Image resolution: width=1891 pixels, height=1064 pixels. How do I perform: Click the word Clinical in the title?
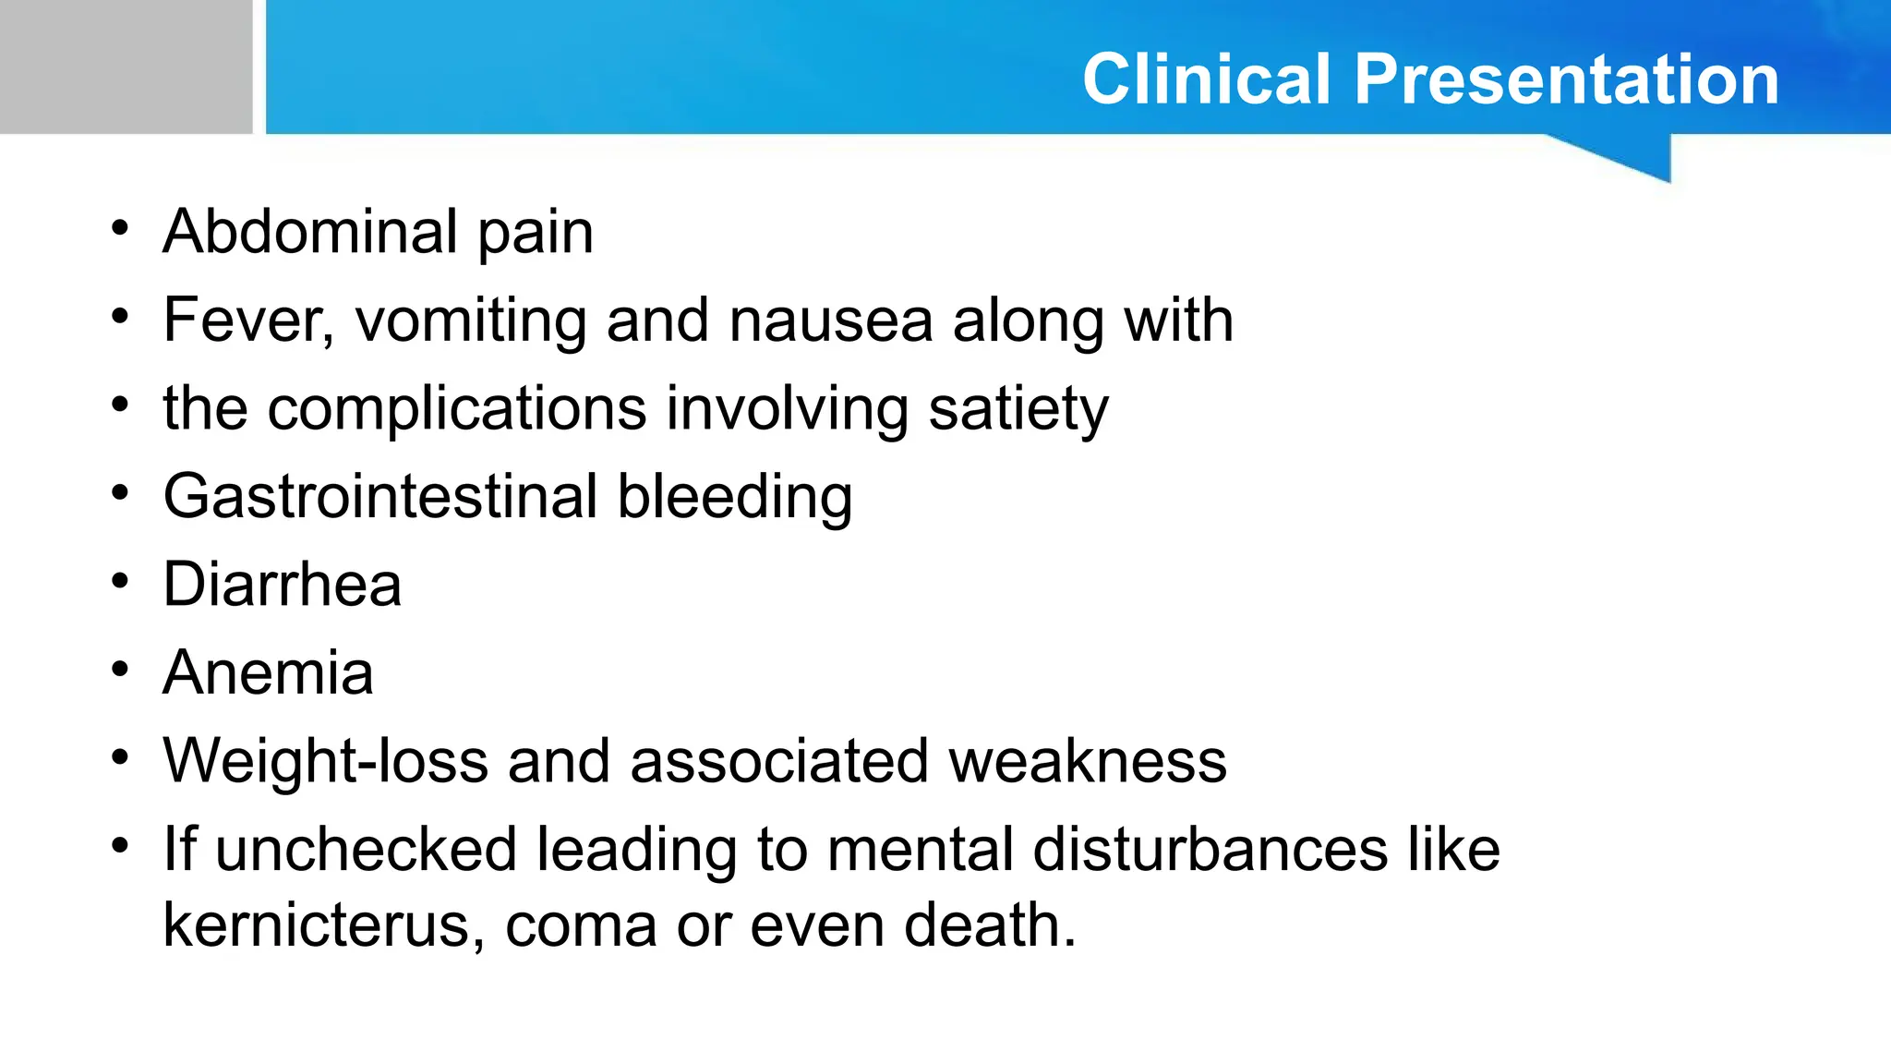[x=1207, y=79]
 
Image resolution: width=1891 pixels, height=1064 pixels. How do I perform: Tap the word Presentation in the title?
[x=1566, y=79]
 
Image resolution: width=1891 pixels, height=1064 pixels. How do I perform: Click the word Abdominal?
[x=309, y=231]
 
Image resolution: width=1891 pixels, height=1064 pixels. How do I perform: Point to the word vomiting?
[x=471, y=320]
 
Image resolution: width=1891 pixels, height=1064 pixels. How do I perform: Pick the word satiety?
[x=1018, y=408]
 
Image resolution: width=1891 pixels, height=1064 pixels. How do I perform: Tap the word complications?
[x=456, y=408]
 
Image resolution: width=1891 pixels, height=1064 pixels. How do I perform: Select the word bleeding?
[x=734, y=497]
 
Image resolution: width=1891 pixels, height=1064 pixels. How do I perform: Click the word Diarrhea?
[x=282, y=585]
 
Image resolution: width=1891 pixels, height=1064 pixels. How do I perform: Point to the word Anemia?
[x=268, y=672]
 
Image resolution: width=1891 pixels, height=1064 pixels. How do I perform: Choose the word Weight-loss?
[x=325, y=761]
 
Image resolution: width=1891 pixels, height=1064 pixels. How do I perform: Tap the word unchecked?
[x=366, y=850]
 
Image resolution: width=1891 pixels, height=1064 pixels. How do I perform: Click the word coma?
[x=580, y=925]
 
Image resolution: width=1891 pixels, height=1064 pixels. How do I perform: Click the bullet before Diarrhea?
[x=120, y=583]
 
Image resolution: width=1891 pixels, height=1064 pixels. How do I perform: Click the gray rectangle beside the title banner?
[x=126, y=66]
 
